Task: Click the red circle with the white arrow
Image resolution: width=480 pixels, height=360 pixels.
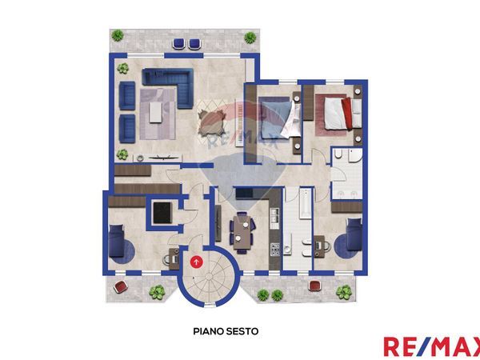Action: pyautogui.click(x=197, y=259)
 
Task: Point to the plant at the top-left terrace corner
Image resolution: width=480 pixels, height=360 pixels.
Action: pyautogui.click(x=118, y=37)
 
